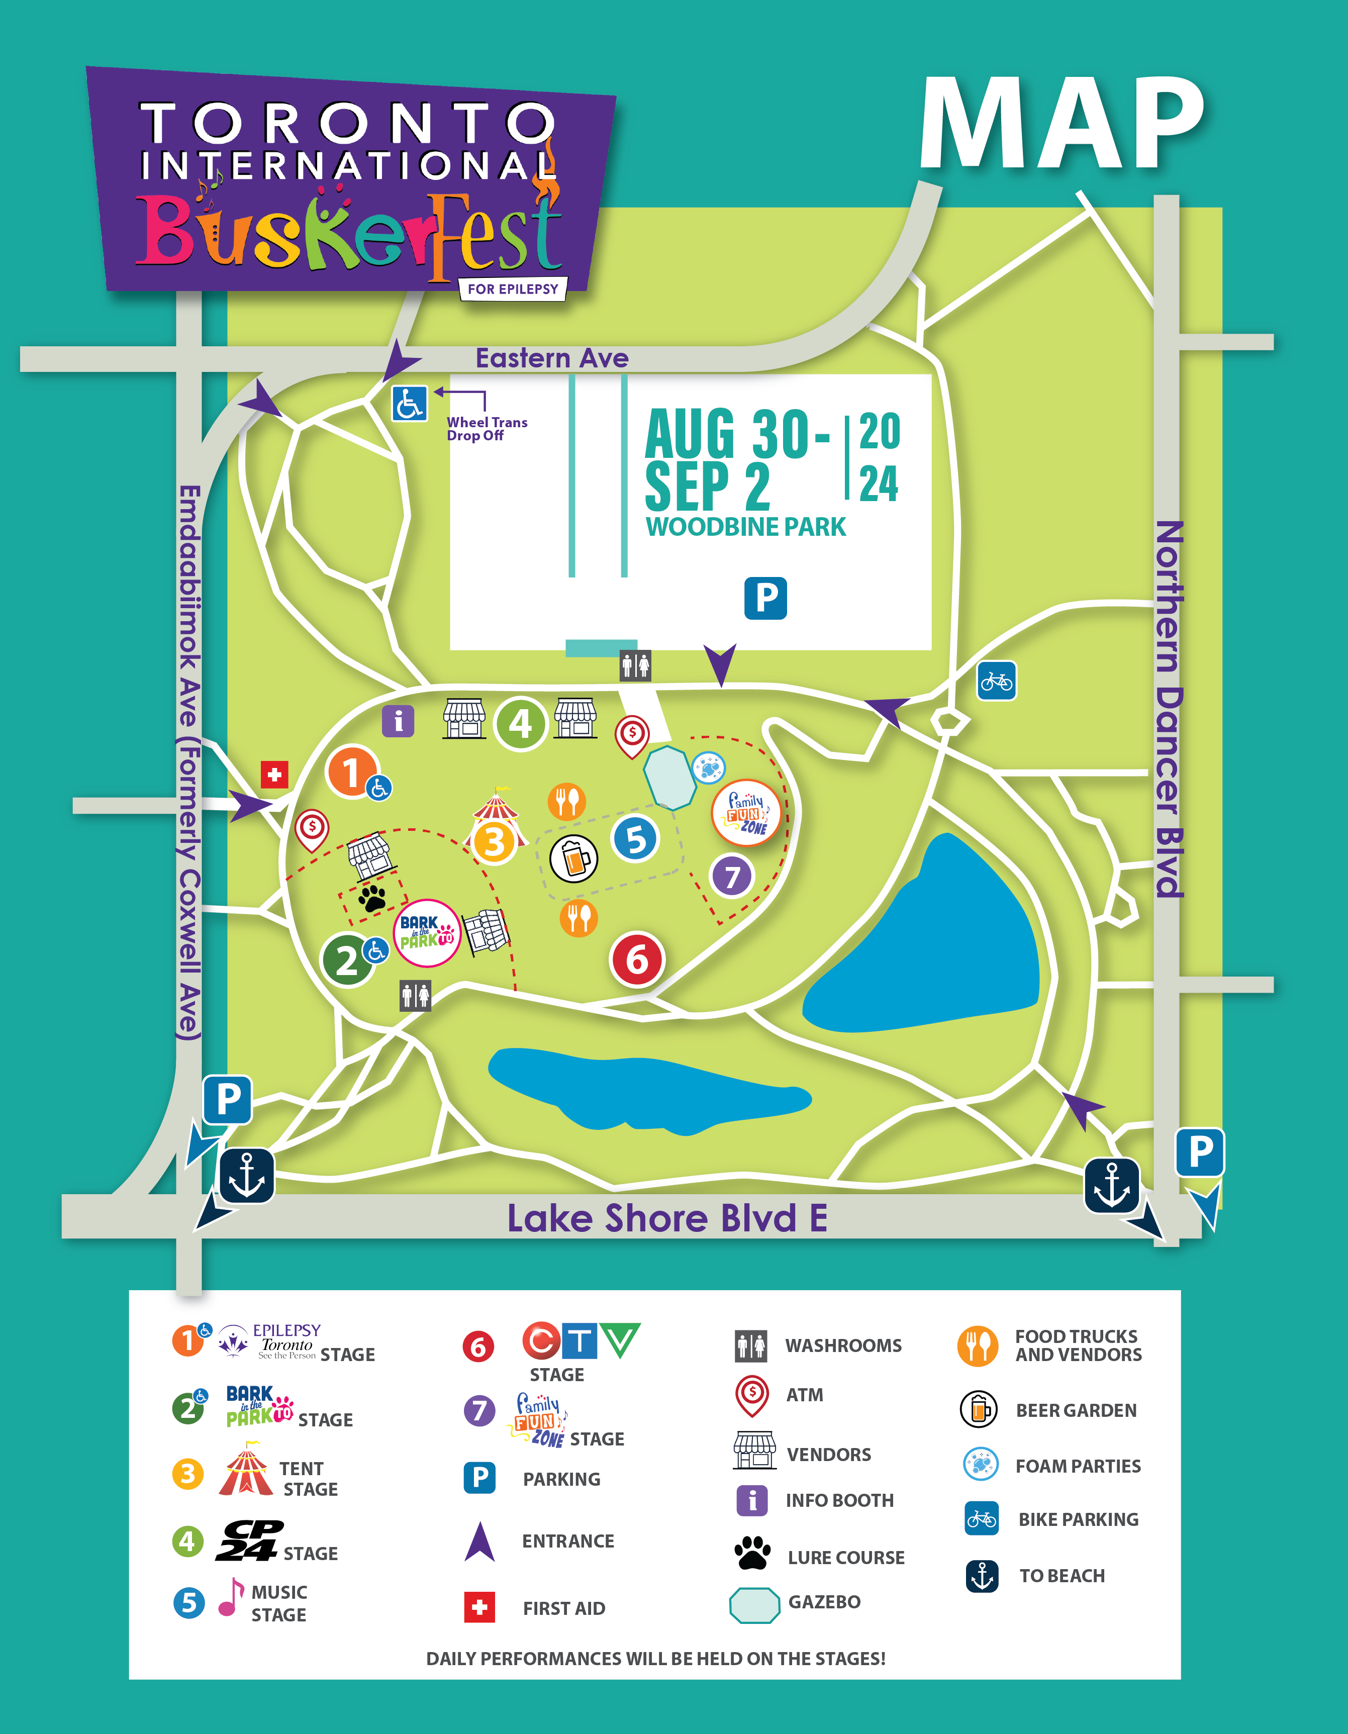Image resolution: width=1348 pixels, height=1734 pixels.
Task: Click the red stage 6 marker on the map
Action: [x=637, y=959]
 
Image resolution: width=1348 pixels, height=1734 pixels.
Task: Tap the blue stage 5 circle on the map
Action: [x=635, y=838]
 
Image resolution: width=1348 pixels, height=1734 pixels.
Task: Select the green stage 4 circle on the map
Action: [x=520, y=723]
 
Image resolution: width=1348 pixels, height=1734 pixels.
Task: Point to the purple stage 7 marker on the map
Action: [x=731, y=877]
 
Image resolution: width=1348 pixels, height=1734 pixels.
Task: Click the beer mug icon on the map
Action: [x=574, y=858]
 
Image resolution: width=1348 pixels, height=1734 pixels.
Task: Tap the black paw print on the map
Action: [x=371, y=898]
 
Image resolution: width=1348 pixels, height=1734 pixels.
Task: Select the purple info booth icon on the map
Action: [x=398, y=721]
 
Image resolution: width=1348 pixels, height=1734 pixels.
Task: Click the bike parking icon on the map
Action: [x=996, y=681]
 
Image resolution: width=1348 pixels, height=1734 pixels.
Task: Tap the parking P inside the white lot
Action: [x=765, y=598]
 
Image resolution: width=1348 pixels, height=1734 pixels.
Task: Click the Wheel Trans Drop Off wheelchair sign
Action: [x=410, y=403]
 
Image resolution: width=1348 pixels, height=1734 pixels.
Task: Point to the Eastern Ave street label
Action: [x=552, y=358]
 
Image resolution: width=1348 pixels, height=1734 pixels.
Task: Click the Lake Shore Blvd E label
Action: [x=667, y=1218]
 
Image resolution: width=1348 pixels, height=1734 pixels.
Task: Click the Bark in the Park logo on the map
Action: [x=427, y=933]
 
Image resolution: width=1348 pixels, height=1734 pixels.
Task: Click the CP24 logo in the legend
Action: [x=248, y=1541]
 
